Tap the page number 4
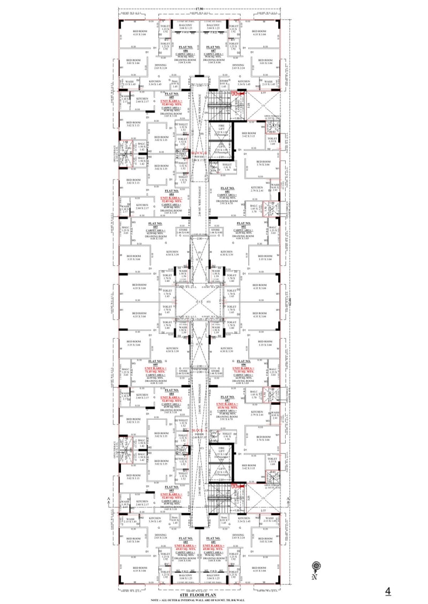pyautogui.click(x=388, y=591)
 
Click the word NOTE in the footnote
pyautogui.click(x=156, y=600)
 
